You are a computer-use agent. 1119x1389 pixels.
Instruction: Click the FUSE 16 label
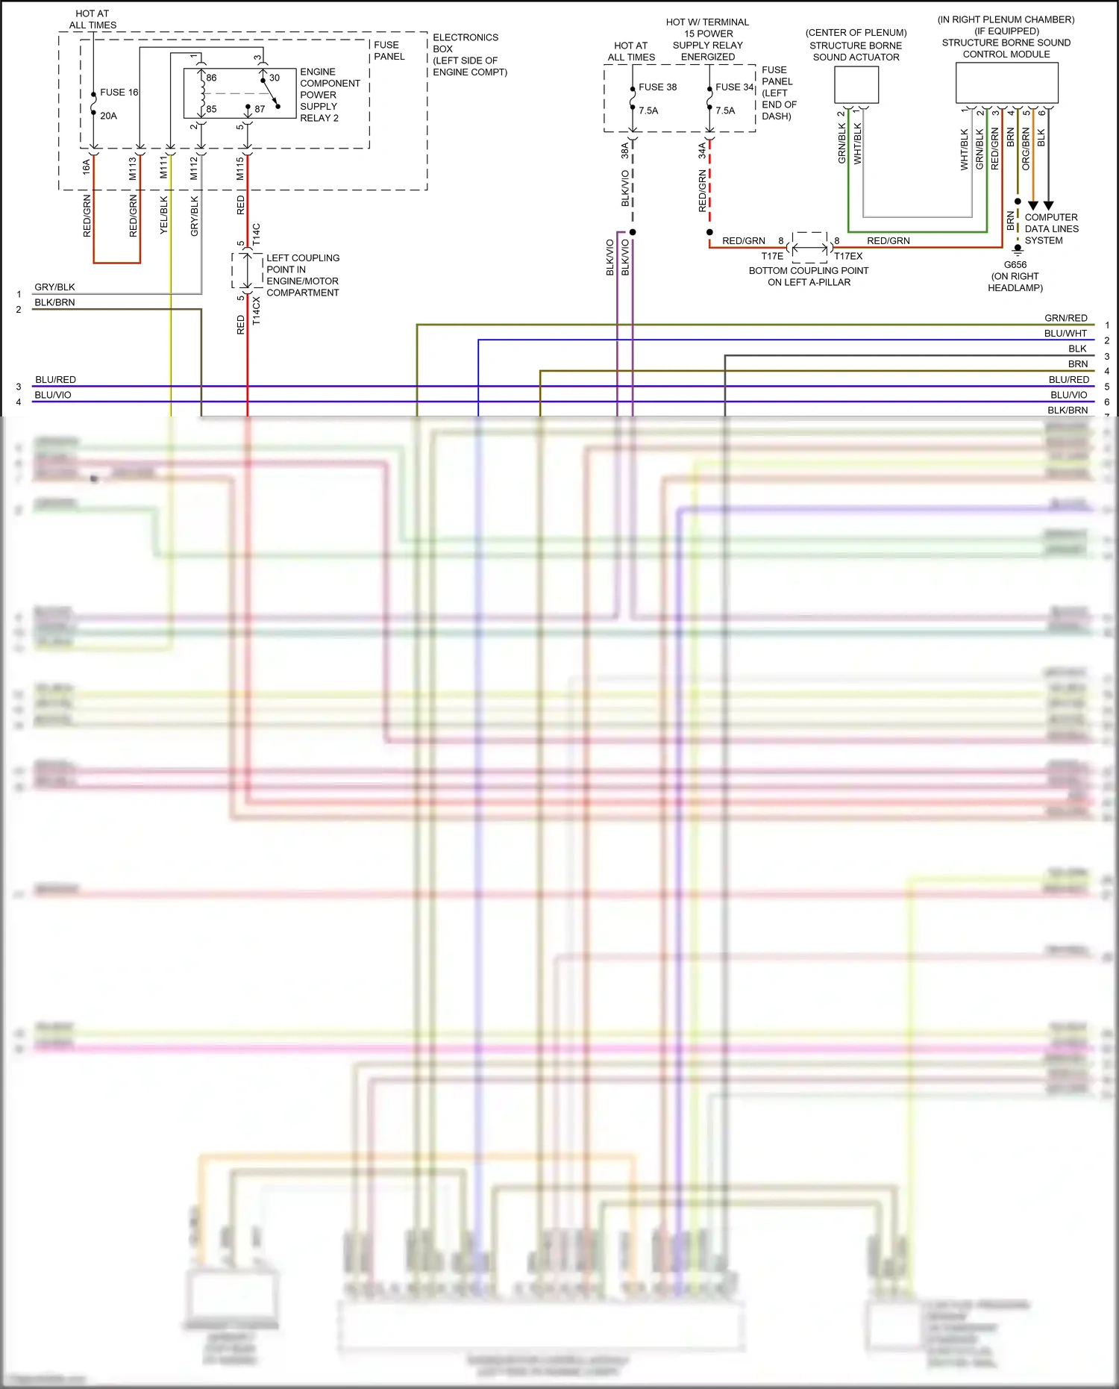119,93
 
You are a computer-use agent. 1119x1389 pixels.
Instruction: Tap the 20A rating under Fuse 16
108,116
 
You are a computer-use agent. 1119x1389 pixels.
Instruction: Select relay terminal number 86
211,78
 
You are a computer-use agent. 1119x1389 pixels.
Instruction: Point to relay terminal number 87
260,109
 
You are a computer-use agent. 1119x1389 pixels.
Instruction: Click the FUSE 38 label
657,87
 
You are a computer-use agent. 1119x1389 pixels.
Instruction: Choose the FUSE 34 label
734,87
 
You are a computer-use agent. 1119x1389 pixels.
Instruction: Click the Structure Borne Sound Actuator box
856,84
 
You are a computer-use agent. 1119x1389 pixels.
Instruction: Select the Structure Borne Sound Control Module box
1006,82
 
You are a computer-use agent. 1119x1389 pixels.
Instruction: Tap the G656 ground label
1015,265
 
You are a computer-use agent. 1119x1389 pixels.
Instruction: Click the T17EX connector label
848,256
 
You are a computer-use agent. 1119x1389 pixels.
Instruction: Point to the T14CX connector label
257,310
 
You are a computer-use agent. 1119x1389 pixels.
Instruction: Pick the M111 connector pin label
164,168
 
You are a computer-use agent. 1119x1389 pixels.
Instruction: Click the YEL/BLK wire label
164,215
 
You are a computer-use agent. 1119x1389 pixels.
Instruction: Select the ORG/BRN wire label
1026,149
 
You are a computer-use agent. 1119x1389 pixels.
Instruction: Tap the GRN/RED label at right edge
1065,318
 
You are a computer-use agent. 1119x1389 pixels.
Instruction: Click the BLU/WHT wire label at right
1065,334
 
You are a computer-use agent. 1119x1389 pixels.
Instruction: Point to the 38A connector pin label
625,151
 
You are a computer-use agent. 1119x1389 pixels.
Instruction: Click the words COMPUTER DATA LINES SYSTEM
1051,229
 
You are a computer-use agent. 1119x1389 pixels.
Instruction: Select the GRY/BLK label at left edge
54,287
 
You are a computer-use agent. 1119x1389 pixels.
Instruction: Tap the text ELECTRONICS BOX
465,43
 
